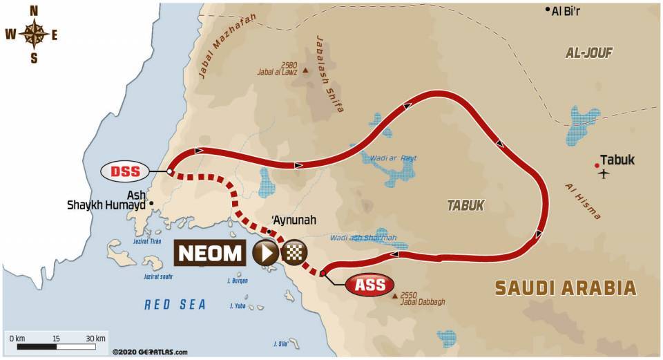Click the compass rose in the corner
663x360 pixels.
click(x=33, y=33)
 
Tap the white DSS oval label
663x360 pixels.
click(x=125, y=171)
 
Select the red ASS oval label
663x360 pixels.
click(x=369, y=284)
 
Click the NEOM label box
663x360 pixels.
click(x=211, y=253)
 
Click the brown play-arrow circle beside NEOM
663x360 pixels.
click(x=266, y=253)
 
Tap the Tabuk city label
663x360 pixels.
click(x=617, y=160)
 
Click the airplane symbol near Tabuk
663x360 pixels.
click(x=605, y=173)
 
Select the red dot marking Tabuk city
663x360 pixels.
click(x=597, y=164)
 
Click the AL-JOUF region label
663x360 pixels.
click(x=589, y=53)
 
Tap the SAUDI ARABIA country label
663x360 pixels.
click(x=565, y=287)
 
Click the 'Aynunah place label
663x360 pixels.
click(x=293, y=220)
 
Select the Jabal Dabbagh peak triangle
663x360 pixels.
click(x=395, y=296)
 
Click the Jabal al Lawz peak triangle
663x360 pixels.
click(x=304, y=70)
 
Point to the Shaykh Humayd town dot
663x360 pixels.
click(x=151, y=203)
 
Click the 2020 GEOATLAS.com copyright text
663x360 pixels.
click(x=150, y=352)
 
